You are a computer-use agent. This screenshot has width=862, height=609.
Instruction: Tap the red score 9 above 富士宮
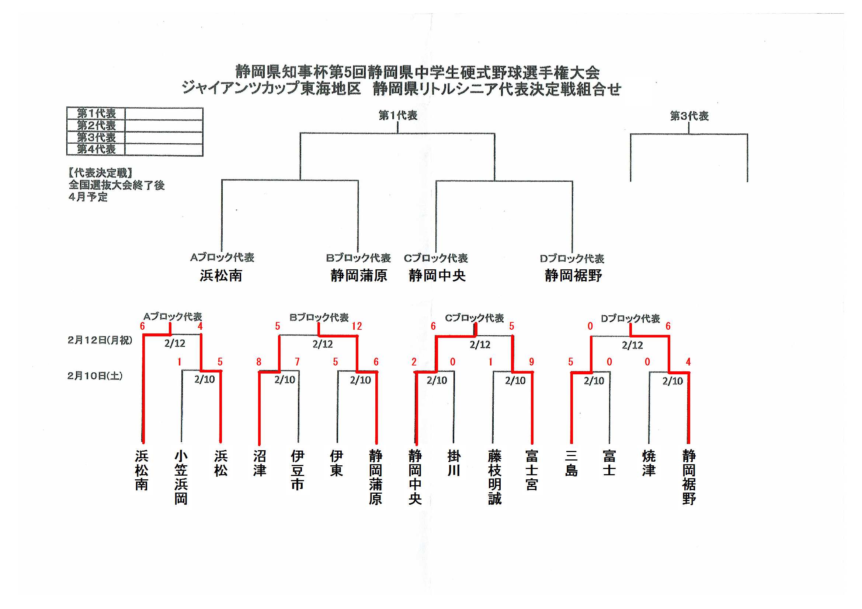pos(531,362)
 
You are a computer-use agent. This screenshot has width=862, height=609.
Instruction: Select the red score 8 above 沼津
pos(259,362)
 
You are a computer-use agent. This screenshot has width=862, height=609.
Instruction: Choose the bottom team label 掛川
pos(454,463)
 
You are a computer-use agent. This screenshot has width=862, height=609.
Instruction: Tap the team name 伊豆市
pos(297,470)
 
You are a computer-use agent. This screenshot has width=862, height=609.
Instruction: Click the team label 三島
pos(571,463)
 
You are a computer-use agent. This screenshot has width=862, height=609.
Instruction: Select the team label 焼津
pos(649,463)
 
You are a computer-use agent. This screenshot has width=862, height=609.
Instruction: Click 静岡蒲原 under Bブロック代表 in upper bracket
pos(358,276)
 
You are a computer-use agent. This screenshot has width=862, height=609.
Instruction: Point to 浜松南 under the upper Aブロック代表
pos(221,276)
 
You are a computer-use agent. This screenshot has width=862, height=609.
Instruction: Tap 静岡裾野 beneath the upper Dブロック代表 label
pos(573,276)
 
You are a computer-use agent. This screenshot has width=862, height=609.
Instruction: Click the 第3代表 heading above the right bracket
pos(689,116)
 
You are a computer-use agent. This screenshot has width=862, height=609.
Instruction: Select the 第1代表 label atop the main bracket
pos(398,115)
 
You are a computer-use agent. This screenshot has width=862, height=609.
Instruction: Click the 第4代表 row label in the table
pos(96,149)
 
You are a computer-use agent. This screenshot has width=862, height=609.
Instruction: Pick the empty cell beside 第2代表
pos(164,125)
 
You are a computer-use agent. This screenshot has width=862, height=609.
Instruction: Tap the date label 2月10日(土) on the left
pos(95,376)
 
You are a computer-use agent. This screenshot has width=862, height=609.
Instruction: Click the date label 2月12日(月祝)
pos(100,340)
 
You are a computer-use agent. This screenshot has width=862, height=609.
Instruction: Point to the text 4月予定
pos(88,197)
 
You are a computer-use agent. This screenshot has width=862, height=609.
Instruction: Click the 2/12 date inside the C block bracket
pos(480,344)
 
